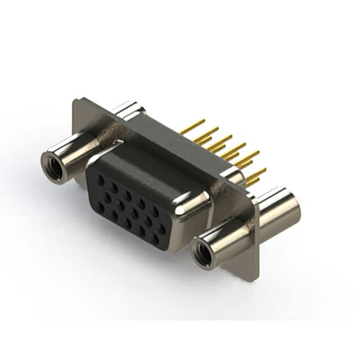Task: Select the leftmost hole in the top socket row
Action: (x=101, y=181)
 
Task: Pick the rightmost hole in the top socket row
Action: (x=156, y=211)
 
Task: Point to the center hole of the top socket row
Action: (x=128, y=196)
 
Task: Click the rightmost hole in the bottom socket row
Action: (x=156, y=239)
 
